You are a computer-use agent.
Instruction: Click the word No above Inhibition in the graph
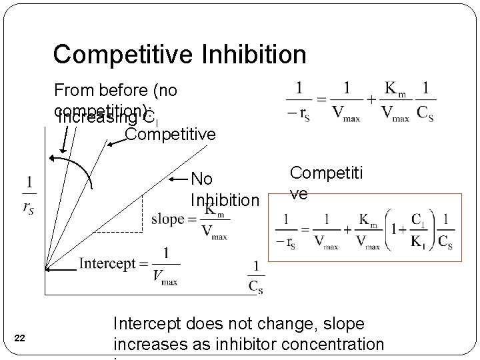[x=201, y=179]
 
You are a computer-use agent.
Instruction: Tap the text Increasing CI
[x=107, y=119]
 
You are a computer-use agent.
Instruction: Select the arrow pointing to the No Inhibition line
[x=179, y=179]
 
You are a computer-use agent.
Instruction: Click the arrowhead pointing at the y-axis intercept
[x=49, y=269]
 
